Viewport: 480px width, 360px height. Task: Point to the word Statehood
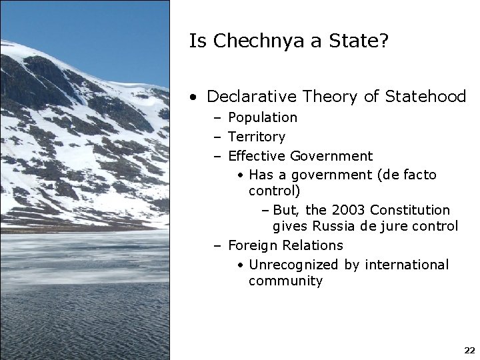click(424, 97)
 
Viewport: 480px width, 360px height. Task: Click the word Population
click(263, 118)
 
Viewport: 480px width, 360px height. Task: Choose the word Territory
click(257, 137)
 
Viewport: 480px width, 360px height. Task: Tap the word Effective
click(257, 157)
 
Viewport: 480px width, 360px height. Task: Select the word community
click(285, 281)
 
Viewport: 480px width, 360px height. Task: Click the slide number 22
click(469, 350)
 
